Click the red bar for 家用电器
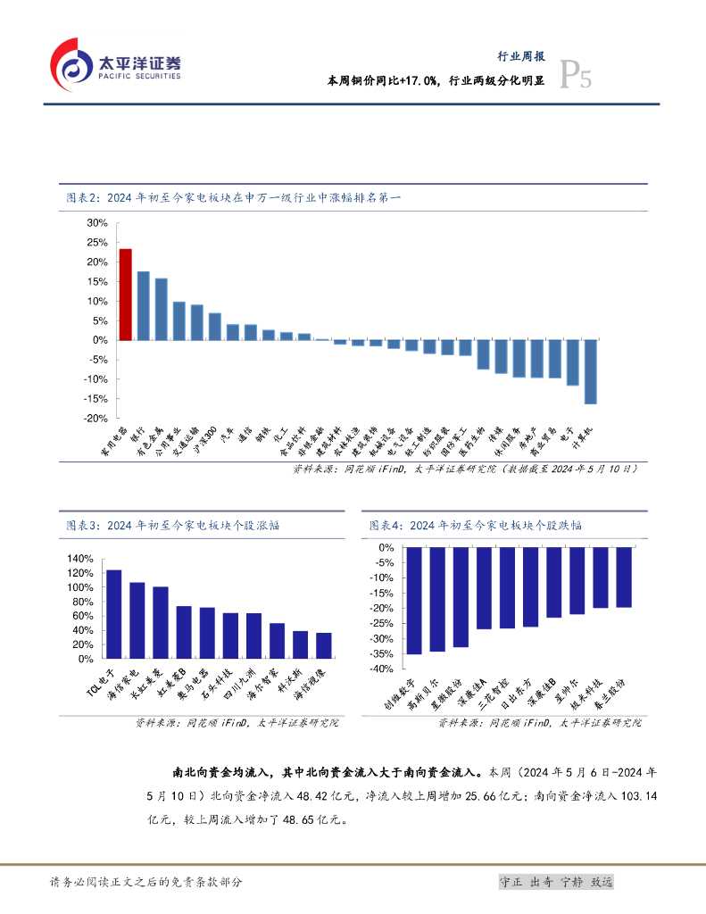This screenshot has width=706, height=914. coord(126,295)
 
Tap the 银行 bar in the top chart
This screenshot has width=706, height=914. coord(144,305)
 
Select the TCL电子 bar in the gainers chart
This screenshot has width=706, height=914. coord(113,614)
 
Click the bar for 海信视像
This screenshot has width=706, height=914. coord(323,645)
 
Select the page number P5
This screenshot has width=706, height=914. coord(576,78)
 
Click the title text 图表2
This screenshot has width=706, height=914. coord(85,198)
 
